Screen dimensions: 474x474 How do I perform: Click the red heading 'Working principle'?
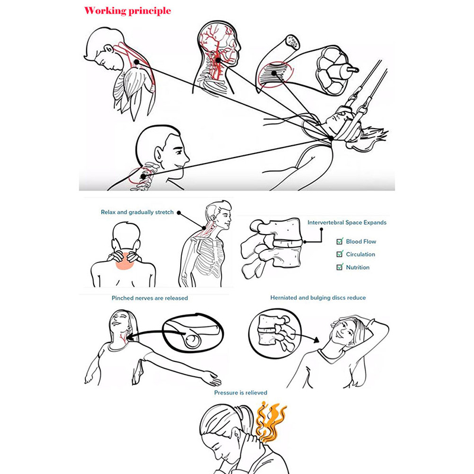[127, 11]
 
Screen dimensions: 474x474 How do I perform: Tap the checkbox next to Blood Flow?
[340, 241]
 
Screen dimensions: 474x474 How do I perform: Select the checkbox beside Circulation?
[340, 254]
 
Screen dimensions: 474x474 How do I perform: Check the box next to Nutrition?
[340, 267]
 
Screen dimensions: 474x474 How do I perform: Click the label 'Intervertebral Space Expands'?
[347, 223]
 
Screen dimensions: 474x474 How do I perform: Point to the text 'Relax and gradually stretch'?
[137, 212]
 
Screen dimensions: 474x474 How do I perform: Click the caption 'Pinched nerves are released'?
[150, 298]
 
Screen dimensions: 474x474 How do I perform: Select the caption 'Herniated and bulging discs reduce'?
[318, 298]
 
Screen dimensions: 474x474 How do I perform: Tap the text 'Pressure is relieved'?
[241, 393]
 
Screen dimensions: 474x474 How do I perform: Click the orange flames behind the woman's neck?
[270, 421]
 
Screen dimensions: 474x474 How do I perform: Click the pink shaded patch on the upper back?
[124, 261]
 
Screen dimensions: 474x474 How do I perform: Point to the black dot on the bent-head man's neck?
[137, 62]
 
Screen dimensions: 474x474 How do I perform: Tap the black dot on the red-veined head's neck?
[218, 60]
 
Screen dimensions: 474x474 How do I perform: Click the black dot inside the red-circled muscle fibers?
[274, 73]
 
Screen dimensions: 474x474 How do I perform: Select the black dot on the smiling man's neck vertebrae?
[143, 177]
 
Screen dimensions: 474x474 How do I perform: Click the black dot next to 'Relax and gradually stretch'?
[179, 213]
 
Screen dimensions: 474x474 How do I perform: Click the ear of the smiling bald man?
[159, 154]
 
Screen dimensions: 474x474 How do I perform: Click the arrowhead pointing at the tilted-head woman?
[316, 340]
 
